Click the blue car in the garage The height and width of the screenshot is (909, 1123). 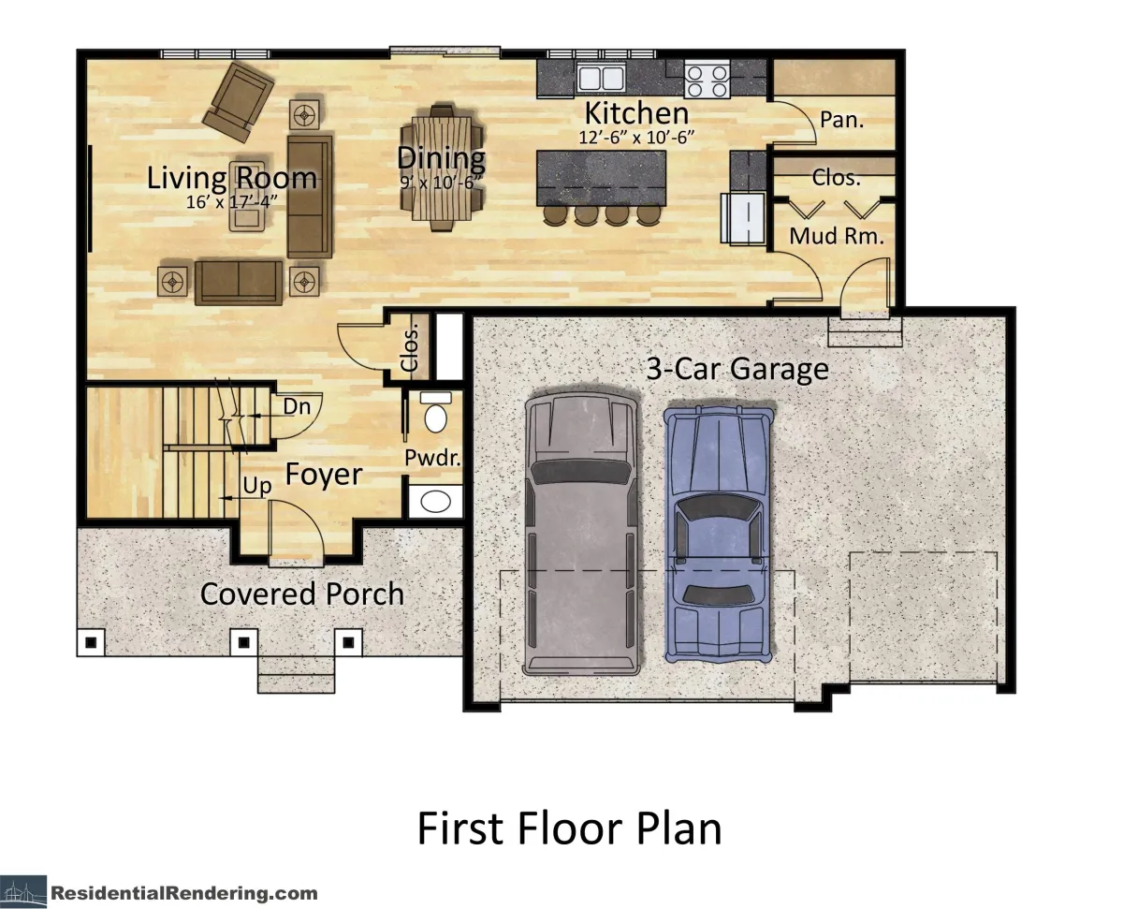click(x=719, y=534)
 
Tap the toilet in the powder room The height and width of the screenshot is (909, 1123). click(x=435, y=412)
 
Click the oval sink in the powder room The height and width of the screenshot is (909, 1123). click(x=435, y=502)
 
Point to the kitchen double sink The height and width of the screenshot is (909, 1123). click(x=602, y=79)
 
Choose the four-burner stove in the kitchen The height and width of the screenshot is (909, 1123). click(x=707, y=79)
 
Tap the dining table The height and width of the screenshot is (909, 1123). click(x=442, y=168)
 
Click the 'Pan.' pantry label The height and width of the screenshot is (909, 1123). click(x=841, y=120)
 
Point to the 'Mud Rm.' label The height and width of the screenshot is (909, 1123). click(x=837, y=236)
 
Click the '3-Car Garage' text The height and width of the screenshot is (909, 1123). click(x=737, y=369)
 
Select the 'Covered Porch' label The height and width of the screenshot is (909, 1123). click(x=302, y=594)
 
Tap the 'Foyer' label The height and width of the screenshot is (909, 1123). click(x=324, y=475)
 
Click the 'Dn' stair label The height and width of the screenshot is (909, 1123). click(x=297, y=406)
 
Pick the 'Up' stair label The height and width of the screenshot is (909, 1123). click(x=257, y=486)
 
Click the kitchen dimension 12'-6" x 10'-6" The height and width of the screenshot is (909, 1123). click(x=636, y=138)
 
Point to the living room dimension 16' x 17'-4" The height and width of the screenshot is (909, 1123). click(x=231, y=201)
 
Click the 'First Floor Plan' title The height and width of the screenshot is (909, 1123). click(x=569, y=828)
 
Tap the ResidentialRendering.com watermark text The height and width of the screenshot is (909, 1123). click(x=184, y=893)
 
